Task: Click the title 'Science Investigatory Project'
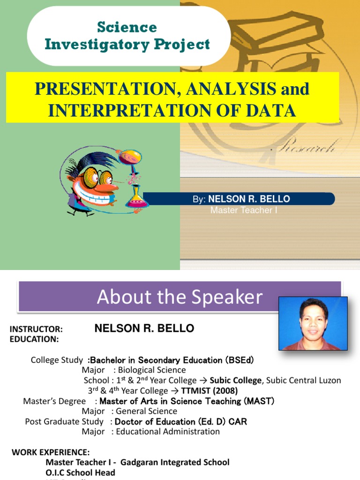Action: (127, 36)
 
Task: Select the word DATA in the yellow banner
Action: (274, 110)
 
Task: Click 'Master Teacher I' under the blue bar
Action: (244, 210)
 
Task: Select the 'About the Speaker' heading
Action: (180, 297)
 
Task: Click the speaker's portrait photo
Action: (313, 323)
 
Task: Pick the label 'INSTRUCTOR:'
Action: (36, 330)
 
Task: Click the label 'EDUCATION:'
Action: (34, 339)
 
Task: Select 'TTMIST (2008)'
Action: (210, 391)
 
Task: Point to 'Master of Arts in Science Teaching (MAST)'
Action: (187, 401)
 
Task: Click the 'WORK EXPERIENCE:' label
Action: (51, 452)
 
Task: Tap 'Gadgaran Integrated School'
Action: (175, 463)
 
